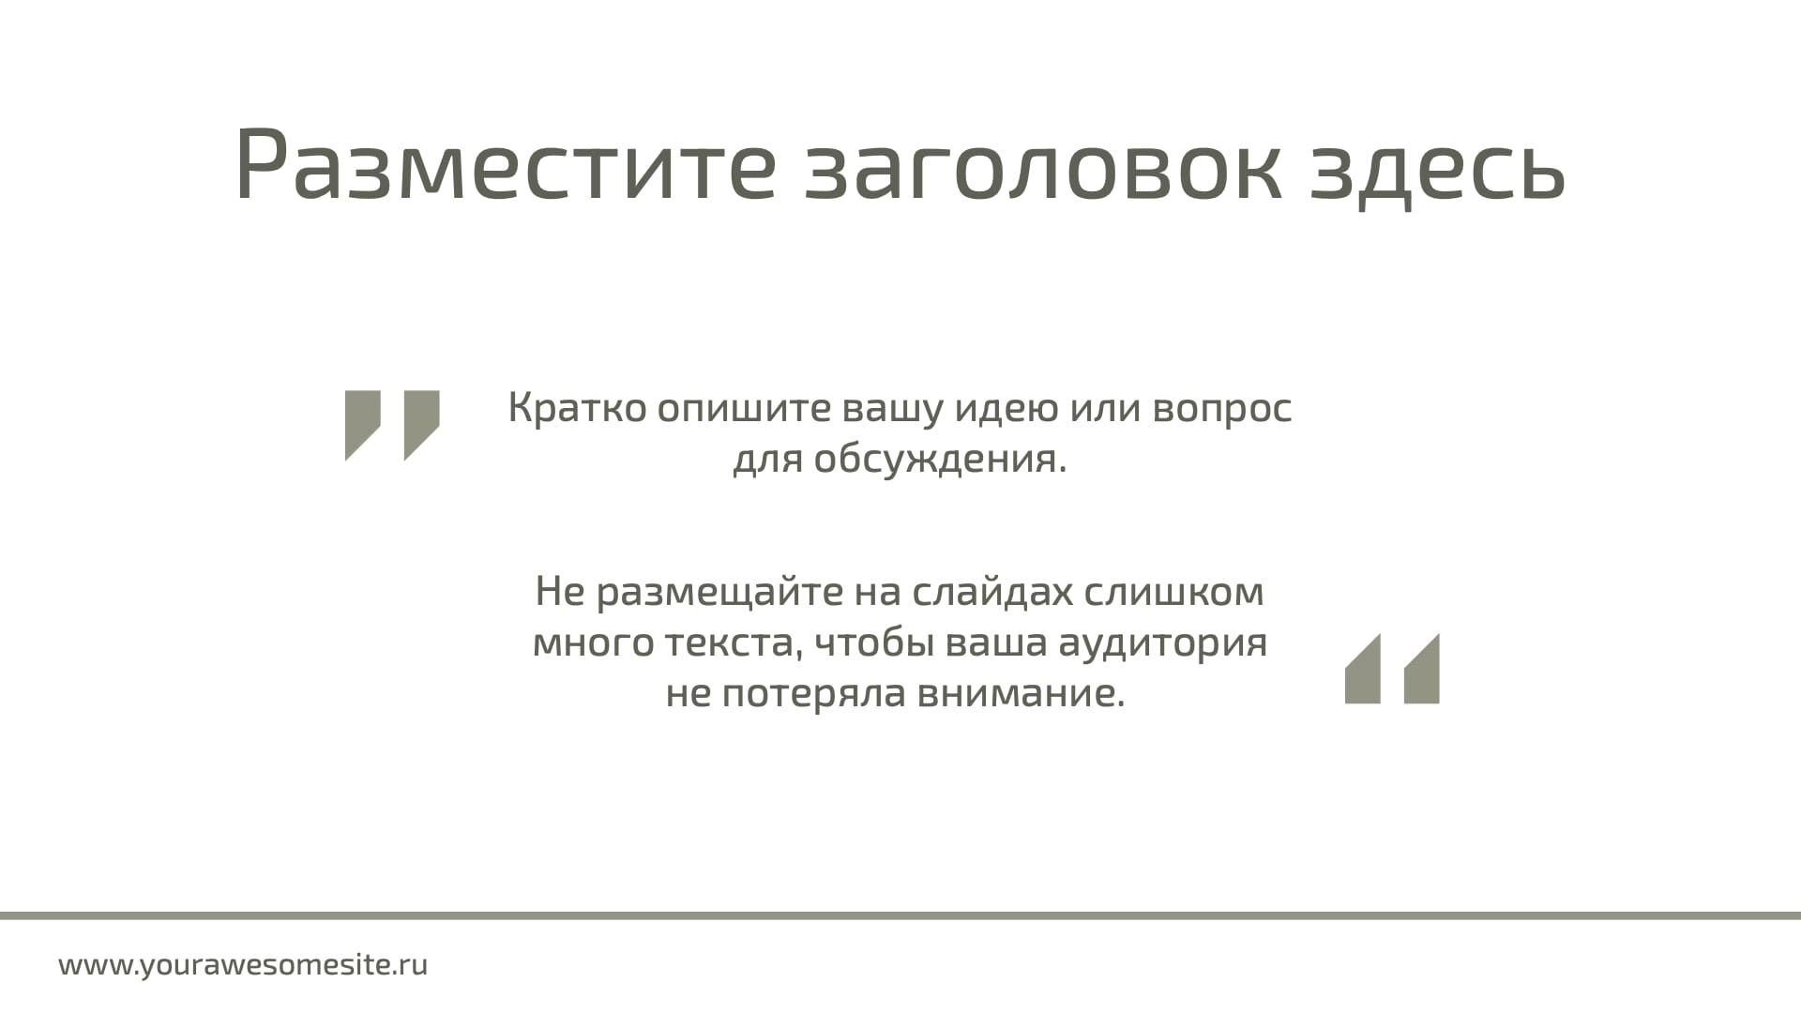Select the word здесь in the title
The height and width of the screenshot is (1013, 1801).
click(x=1437, y=170)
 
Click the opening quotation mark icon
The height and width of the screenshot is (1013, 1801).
click(x=392, y=425)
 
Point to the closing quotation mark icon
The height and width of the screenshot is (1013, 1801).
click(x=1392, y=669)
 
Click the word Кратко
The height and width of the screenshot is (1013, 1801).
click(x=577, y=407)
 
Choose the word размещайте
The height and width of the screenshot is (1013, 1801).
click(x=719, y=593)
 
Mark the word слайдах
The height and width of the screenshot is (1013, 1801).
click(x=992, y=593)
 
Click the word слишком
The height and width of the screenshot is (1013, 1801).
click(x=1173, y=592)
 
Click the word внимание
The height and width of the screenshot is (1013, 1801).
click(x=1020, y=695)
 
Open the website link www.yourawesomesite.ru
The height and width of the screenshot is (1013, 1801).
click(x=243, y=965)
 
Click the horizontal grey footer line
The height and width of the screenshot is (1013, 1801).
click(x=900, y=915)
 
